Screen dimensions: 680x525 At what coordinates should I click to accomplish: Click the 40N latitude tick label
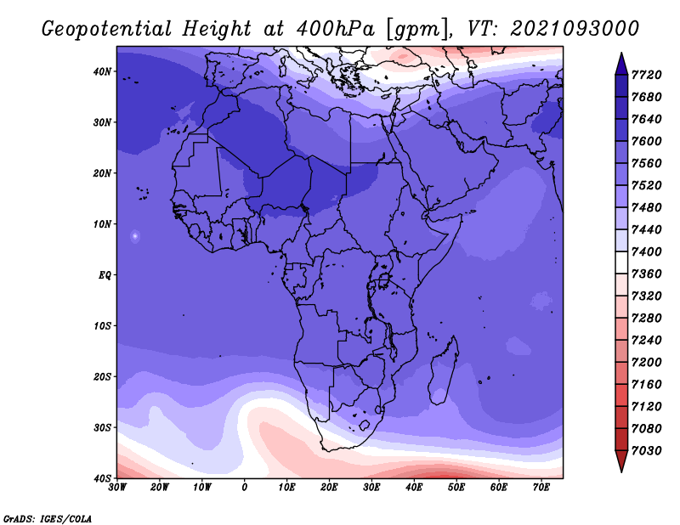click(102, 71)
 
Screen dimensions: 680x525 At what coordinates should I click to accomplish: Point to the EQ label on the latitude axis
click(105, 275)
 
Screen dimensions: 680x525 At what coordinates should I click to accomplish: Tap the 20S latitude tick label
click(102, 376)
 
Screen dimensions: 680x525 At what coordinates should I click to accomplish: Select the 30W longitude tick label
click(117, 488)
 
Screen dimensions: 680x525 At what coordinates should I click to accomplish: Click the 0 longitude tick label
click(245, 488)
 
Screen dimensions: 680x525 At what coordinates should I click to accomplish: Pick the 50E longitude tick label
click(456, 488)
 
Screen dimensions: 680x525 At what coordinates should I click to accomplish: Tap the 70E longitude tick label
click(541, 488)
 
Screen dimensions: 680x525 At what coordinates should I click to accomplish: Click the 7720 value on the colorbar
click(647, 75)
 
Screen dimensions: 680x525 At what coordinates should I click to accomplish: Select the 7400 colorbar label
click(647, 251)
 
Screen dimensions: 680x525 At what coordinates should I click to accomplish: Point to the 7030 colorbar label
click(647, 450)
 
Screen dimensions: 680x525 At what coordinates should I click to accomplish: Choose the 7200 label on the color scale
click(647, 362)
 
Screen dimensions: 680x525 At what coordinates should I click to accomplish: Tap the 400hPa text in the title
click(335, 29)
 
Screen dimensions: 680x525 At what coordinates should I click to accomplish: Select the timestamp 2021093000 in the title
click(575, 28)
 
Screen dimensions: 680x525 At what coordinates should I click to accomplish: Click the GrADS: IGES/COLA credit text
click(48, 518)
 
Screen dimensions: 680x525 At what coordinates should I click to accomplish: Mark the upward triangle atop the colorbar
click(621, 64)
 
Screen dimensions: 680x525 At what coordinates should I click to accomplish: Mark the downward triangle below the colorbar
click(621, 461)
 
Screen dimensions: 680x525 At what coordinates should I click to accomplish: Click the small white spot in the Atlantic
click(135, 236)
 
